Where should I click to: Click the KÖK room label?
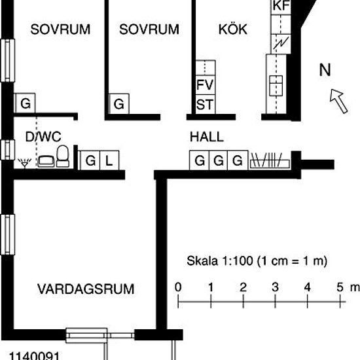[233, 29]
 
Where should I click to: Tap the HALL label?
[207, 137]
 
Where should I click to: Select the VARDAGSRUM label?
[86, 289]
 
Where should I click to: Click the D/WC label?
[43, 137]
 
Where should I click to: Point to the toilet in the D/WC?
[63, 156]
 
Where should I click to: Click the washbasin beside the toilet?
[46, 161]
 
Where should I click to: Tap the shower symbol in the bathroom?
[25, 163]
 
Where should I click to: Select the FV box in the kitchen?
[206, 84]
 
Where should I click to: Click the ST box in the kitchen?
[206, 104]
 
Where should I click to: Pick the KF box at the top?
[281, 7]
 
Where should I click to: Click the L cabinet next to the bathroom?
[109, 160]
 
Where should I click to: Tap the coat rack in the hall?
[270, 160]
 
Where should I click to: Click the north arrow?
[338, 101]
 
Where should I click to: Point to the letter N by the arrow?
[325, 70]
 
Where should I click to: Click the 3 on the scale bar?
[275, 287]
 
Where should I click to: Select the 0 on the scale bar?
[178, 287]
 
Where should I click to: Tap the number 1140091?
[34, 355]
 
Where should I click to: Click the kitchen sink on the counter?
[276, 86]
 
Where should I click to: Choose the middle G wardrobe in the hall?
[218, 160]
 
